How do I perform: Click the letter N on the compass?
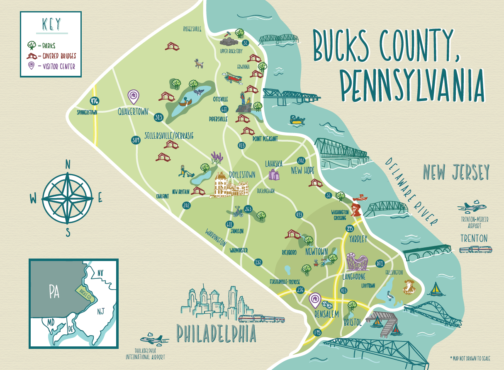(68, 165)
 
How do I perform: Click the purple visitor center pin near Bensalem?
(315, 298)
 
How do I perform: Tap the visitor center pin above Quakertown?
(133, 96)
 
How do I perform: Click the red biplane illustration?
(233, 77)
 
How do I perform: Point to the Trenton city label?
(474, 238)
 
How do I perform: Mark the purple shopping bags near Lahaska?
(274, 174)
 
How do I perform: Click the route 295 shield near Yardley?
(349, 228)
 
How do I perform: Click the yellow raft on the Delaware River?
(297, 121)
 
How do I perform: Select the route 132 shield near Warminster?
(258, 262)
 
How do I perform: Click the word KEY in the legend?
(51, 25)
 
